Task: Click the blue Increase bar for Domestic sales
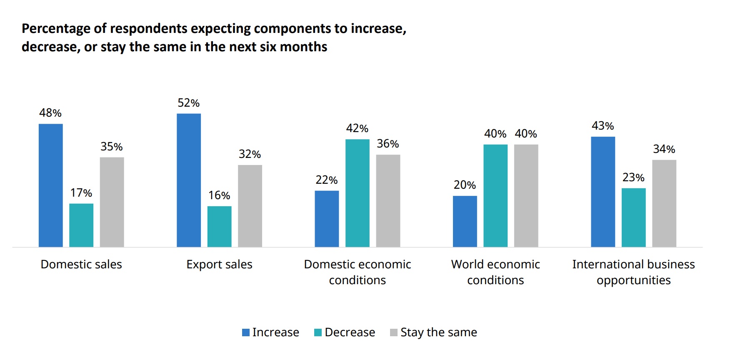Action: coord(50,185)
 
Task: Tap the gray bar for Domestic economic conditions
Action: coord(388,200)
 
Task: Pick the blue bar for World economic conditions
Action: coord(465,221)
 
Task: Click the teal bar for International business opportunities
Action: coord(633,217)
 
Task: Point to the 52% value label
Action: coord(188,103)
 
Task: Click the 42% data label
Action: coord(357,128)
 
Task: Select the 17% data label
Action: coord(81,193)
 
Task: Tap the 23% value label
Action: coord(633,177)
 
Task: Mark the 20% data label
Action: coord(465,185)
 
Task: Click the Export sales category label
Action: coord(219,265)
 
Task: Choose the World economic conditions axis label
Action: coord(495,272)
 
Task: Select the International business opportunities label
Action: coord(633,272)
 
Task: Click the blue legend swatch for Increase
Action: coord(246,332)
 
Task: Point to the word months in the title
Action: coord(303,47)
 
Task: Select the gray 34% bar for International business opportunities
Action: coord(664,203)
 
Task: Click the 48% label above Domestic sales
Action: coord(50,113)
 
